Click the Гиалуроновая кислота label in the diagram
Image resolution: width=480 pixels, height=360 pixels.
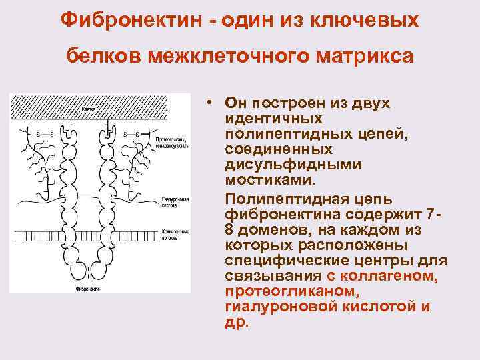(175, 203)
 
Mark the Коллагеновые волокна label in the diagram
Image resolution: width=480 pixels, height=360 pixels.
(175, 233)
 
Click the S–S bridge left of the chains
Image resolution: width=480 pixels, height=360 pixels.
(46, 135)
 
